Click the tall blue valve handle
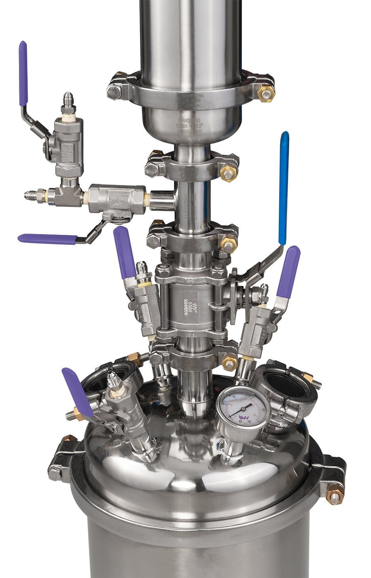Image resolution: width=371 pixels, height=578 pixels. tap(283, 188)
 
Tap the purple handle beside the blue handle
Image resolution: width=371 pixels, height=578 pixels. tap(288, 272)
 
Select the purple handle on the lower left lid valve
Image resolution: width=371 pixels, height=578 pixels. tap(77, 392)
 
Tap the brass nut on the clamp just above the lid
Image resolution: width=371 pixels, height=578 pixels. tap(229, 363)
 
